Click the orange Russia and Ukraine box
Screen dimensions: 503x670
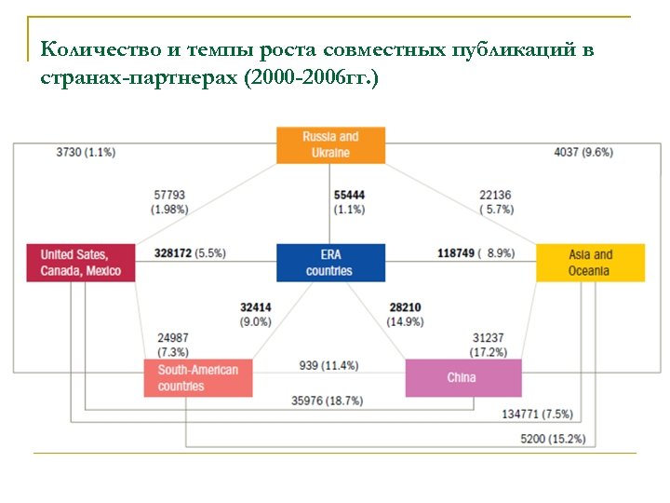point(330,144)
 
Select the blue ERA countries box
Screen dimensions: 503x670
point(330,262)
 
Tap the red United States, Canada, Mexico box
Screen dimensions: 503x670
point(81,262)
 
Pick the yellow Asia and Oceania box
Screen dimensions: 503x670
point(590,262)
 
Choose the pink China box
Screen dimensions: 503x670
point(463,377)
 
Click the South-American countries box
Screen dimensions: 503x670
point(198,377)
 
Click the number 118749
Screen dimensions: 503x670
point(456,252)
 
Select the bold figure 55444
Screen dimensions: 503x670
point(349,196)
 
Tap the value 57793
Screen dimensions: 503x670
point(169,196)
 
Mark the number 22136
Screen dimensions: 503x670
point(496,196)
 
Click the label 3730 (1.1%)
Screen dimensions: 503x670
point(86,152)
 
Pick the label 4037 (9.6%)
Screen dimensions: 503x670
point(583,152)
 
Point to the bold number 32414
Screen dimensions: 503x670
point(256,307)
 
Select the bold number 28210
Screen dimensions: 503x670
point(405,307)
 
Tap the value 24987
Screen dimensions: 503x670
point(174,338)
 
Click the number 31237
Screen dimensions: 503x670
point(489,338)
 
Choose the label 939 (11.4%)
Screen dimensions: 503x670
point(328,365)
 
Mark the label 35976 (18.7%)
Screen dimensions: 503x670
point(328,401)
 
